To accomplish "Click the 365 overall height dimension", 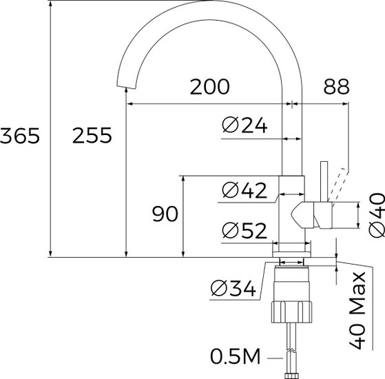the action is (20, 136).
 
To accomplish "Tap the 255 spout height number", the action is (92, 136).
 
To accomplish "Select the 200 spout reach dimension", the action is (210, 87).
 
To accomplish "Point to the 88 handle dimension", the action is (336, 87).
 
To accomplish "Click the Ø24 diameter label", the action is (244, 125).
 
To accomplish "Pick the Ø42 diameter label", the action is (244, 190).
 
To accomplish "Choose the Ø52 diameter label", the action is (244, 230).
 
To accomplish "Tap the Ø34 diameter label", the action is (233, 288).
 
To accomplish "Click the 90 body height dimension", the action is (165, 214).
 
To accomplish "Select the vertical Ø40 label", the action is (377, 216).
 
